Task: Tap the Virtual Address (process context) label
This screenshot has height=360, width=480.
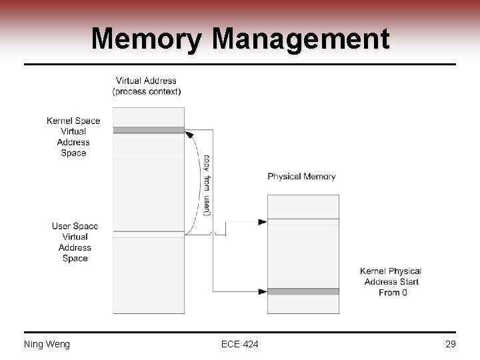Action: point(147,86)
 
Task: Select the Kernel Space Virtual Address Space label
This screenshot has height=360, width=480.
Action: point(73,137)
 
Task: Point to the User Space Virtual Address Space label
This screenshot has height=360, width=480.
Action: point(75,242)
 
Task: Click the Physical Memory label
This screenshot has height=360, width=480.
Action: point(301,177)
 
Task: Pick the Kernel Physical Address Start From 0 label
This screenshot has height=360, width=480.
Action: point(391,281)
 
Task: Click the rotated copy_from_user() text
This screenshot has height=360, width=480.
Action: point(207,185)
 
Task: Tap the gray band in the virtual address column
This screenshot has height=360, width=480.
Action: point(148,130)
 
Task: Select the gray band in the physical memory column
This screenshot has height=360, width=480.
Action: point(303,291)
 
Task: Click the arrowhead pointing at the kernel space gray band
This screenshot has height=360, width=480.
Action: point(189,134)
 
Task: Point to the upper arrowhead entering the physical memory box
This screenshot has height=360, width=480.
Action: point(263,221)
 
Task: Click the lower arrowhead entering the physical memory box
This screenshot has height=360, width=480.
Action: point(263,291)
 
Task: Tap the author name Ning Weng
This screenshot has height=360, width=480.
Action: point(47,344)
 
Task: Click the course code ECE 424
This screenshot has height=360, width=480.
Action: point(240,344)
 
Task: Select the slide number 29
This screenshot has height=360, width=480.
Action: point(450,344)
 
